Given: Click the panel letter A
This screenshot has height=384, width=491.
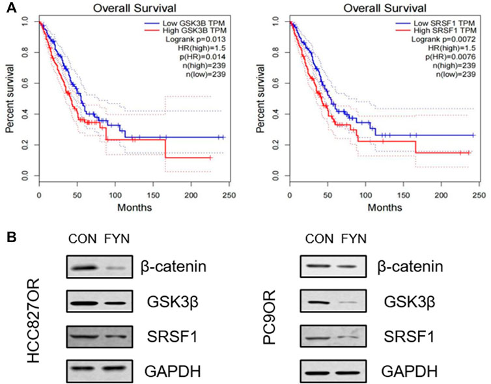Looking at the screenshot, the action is coord(11,8).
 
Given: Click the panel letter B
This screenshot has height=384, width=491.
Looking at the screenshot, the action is coord(12,237).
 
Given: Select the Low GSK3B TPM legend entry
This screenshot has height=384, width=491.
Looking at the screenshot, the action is coord(184,23).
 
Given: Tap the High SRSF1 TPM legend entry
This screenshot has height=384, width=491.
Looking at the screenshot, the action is coord(436,31).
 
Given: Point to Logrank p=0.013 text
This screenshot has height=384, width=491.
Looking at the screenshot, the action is coord(195,39).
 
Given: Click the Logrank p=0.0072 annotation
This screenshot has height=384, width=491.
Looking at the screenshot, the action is coord(443,39).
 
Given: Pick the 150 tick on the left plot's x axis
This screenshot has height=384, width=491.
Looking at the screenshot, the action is coord(153,195).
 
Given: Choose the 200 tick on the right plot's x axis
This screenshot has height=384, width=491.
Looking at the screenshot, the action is coord(442,195).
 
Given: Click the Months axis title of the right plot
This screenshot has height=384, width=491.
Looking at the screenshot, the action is coord(385,207).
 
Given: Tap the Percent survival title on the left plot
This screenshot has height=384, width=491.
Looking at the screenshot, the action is coord(10,98).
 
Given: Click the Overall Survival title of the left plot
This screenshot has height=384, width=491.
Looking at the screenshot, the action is coord(135,8).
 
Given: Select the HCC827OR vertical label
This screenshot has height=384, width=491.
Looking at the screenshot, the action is coord(33,320).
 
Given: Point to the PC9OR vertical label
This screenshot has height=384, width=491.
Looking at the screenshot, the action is coord(269,317).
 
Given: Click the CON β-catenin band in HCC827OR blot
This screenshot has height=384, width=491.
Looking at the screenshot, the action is coord(83,268).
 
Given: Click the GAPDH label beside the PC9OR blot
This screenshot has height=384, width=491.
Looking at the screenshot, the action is coord(409,372).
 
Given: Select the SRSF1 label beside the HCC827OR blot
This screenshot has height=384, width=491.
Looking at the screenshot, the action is coord(172,336).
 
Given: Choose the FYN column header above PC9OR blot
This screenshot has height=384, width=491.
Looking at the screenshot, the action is coord(354,239).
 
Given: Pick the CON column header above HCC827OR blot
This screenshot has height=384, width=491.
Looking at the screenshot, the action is coord(83,239).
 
